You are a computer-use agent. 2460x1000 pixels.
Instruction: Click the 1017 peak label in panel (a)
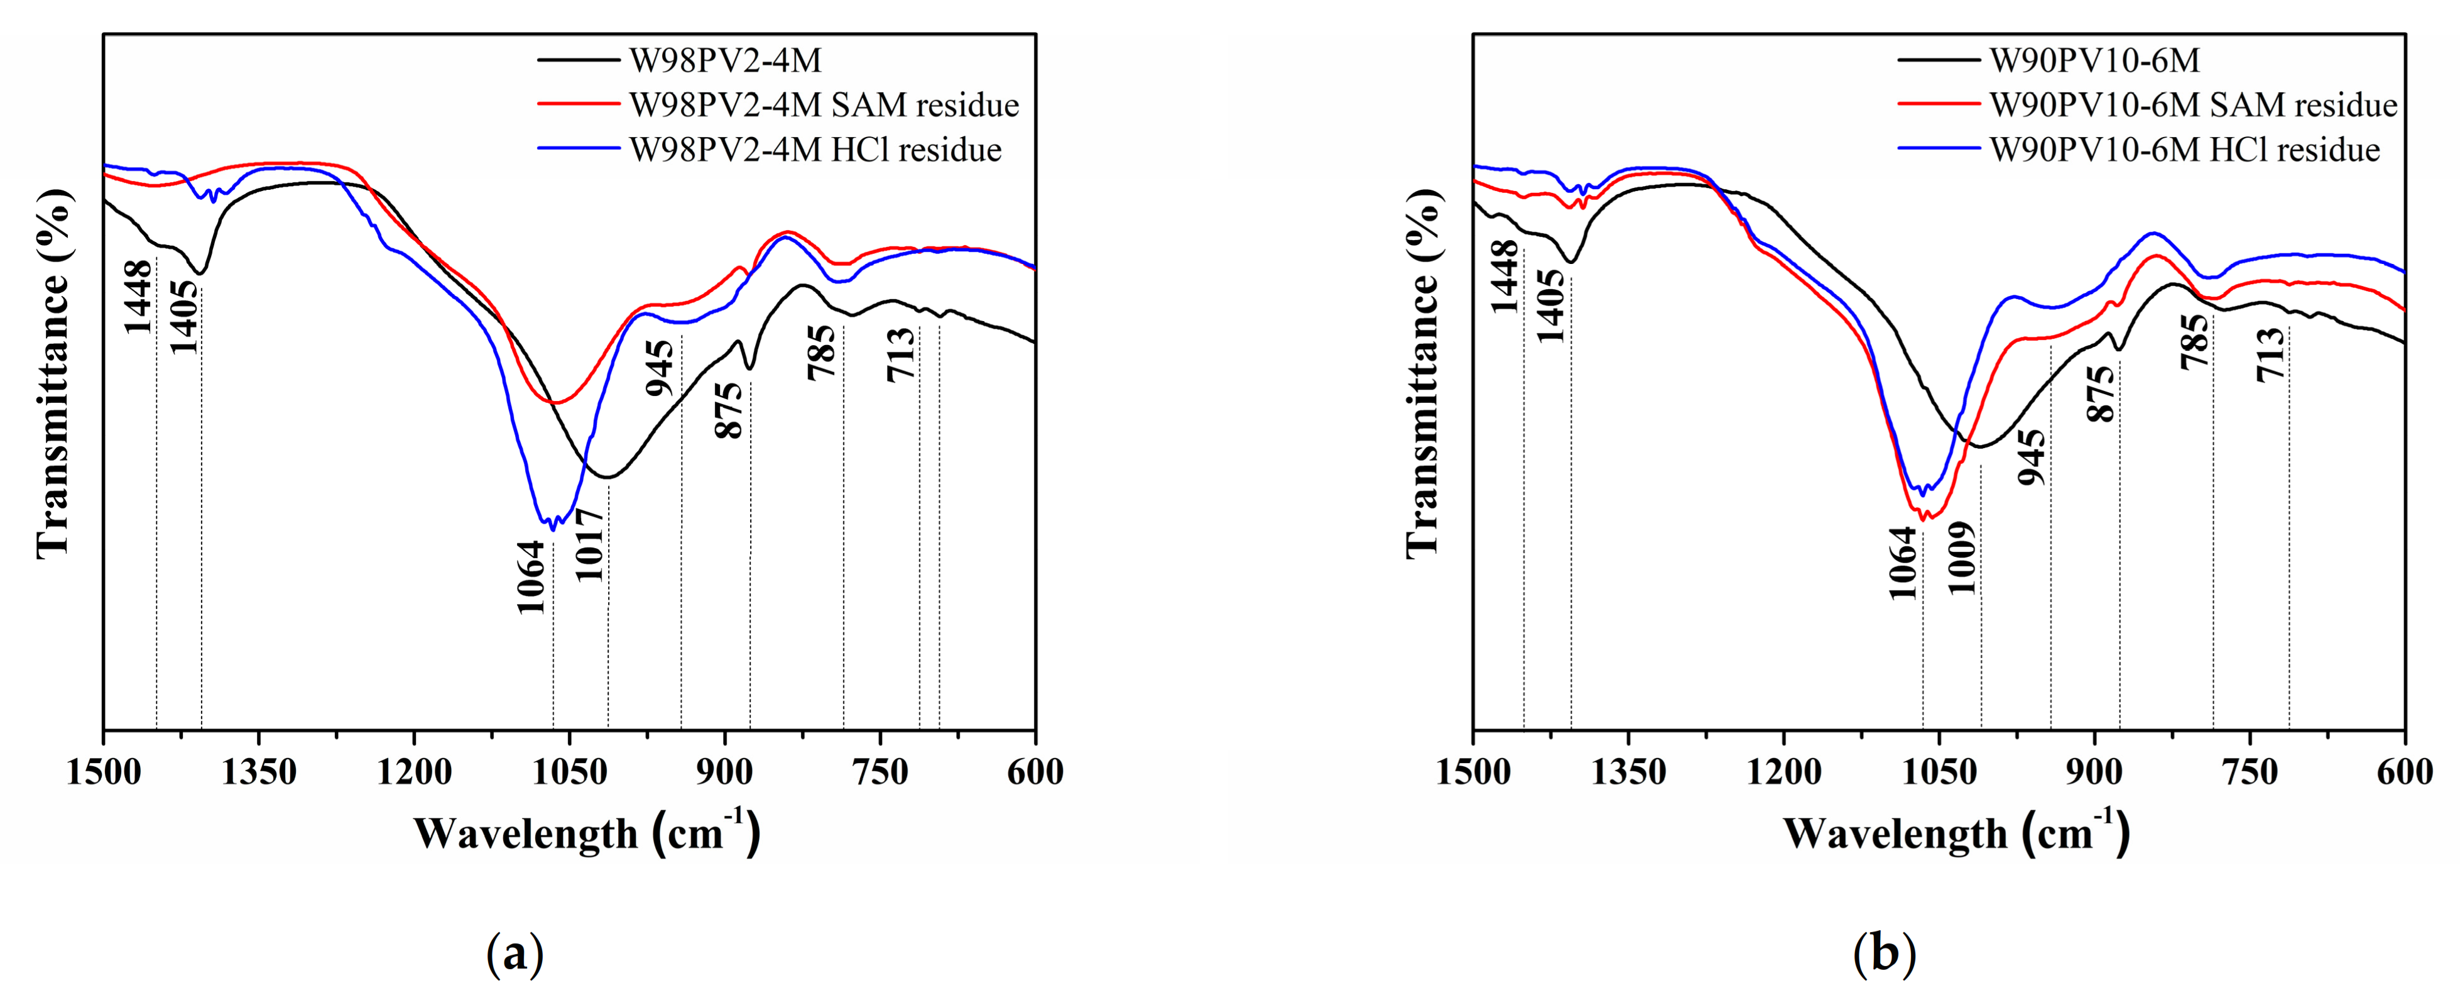point(590,544)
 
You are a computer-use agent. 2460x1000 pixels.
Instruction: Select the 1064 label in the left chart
point(531,577)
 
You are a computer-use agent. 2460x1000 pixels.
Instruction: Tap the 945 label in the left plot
point(660,368)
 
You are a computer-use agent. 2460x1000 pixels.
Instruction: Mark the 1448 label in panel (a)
point(138,296)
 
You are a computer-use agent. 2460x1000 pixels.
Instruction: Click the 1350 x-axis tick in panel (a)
point(259,772)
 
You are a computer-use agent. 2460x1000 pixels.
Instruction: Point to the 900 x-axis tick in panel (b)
point(2094,772)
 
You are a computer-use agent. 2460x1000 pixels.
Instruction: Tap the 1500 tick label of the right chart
point(1474,772)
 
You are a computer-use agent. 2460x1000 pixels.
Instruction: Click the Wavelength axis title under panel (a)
point(586,833)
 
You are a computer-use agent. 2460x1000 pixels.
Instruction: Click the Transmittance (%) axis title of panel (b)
point(1423,373)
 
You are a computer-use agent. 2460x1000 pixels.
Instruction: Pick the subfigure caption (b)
point(1883,953)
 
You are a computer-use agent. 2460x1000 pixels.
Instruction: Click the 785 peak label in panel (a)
point(822,353)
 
